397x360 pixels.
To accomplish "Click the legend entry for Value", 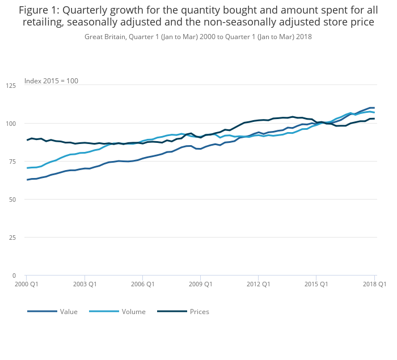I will pos(69,312).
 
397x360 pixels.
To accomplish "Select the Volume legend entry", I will pos(133,312).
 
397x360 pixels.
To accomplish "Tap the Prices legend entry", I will pos(199,312).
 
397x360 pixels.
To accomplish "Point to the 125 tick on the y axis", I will pos(11,86).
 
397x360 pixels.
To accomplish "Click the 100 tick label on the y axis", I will pos(11,124).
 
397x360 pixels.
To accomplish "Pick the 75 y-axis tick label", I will pos(12,162).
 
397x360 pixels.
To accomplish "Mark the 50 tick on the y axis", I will pos(12,200).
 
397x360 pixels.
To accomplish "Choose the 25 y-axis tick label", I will pos(12,238).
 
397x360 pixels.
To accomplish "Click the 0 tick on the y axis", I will pos(14,276).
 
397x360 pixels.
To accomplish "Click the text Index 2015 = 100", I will pos(51,81).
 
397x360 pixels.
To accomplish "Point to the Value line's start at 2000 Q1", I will pos(27,180).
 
